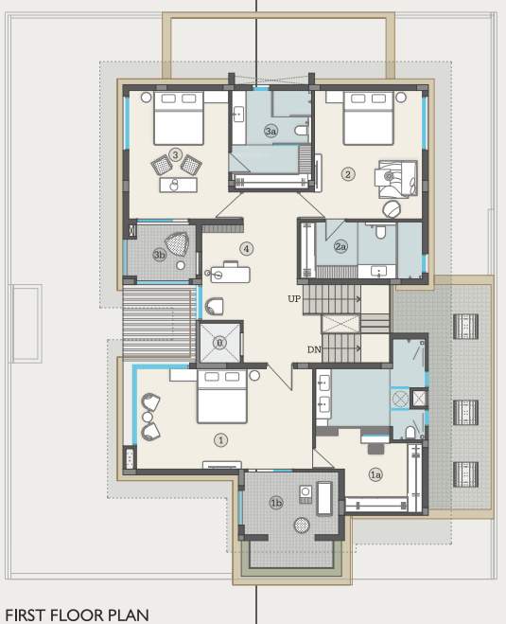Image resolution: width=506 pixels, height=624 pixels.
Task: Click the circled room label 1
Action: point(221,439)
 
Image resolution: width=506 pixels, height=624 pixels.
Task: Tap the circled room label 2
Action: point(348,173)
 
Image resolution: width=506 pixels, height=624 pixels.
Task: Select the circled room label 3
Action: point(176,154)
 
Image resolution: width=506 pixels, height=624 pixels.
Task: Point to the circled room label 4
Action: point(247,249)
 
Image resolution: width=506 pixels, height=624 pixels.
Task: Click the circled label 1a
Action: point(375,473)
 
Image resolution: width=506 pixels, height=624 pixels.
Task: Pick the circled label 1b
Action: point(276,502)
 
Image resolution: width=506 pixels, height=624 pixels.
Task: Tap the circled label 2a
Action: point(341,247)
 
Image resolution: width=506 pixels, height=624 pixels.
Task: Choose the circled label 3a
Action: point(270,131)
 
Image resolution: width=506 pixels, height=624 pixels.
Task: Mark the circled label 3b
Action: point(160,254)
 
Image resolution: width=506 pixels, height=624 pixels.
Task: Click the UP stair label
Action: point(294,298)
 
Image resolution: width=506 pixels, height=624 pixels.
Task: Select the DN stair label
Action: point(314,349)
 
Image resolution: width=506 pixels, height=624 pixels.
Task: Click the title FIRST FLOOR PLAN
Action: point(77,615)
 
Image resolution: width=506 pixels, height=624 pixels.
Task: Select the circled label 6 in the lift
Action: point(219,342)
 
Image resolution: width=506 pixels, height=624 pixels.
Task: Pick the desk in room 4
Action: point(229,274)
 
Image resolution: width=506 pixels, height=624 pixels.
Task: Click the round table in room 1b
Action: point(302,524)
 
